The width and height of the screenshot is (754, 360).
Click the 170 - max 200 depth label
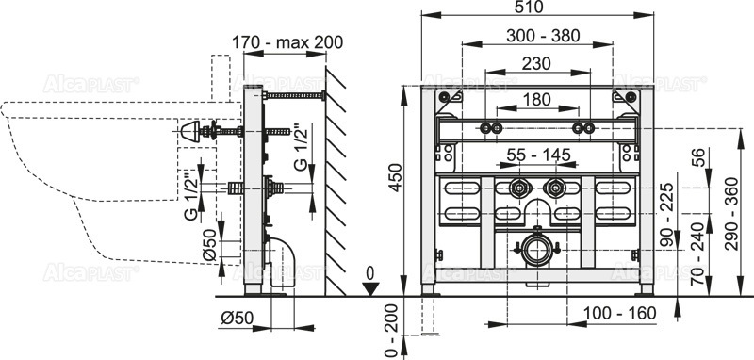(287, 41)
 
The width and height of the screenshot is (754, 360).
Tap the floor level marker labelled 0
(371, 274)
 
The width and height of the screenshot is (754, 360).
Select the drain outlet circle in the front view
(537, 252)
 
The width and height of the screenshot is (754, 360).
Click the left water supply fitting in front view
(518, 188)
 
